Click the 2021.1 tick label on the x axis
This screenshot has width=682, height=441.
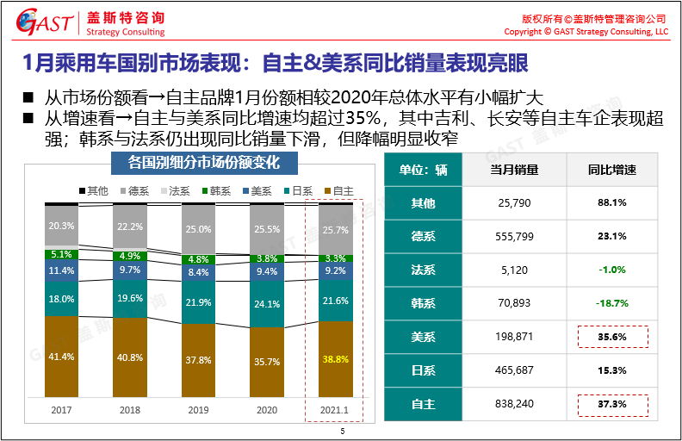pyautogui.click(x=335, y=411)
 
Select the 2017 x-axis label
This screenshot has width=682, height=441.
pyautogui.click(x=61, y=411)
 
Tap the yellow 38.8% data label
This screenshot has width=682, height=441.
pyautogui.click(x=335, y=359)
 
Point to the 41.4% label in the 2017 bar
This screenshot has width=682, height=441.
pyautogui.click(x=61, y=356)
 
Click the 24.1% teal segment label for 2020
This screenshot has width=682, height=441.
pyautogui.click(x=267, y=304)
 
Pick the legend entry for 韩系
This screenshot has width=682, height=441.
pyautogui.click(x=219, y=190)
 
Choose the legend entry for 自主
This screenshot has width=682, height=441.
pyautogui.click(x=338, y=190)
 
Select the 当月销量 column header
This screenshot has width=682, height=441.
pyautogui.click(x=514, y=170)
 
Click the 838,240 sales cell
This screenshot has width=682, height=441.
pyautogui.click(x=515, y=403)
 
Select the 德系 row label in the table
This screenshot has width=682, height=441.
pyautogui.click(x=423, y=236)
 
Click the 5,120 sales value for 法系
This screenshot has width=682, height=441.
pyautogui.click(x=515, y=270)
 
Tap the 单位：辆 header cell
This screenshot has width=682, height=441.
pyautogui.click(x=423, y=170)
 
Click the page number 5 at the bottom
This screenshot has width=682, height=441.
pyautogui.click(x=342, y=432)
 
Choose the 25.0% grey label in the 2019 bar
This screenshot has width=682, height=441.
pyautogui.click(x=198, y=229)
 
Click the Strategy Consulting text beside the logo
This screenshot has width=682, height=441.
pyautogui.click(x=126, y=32)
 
